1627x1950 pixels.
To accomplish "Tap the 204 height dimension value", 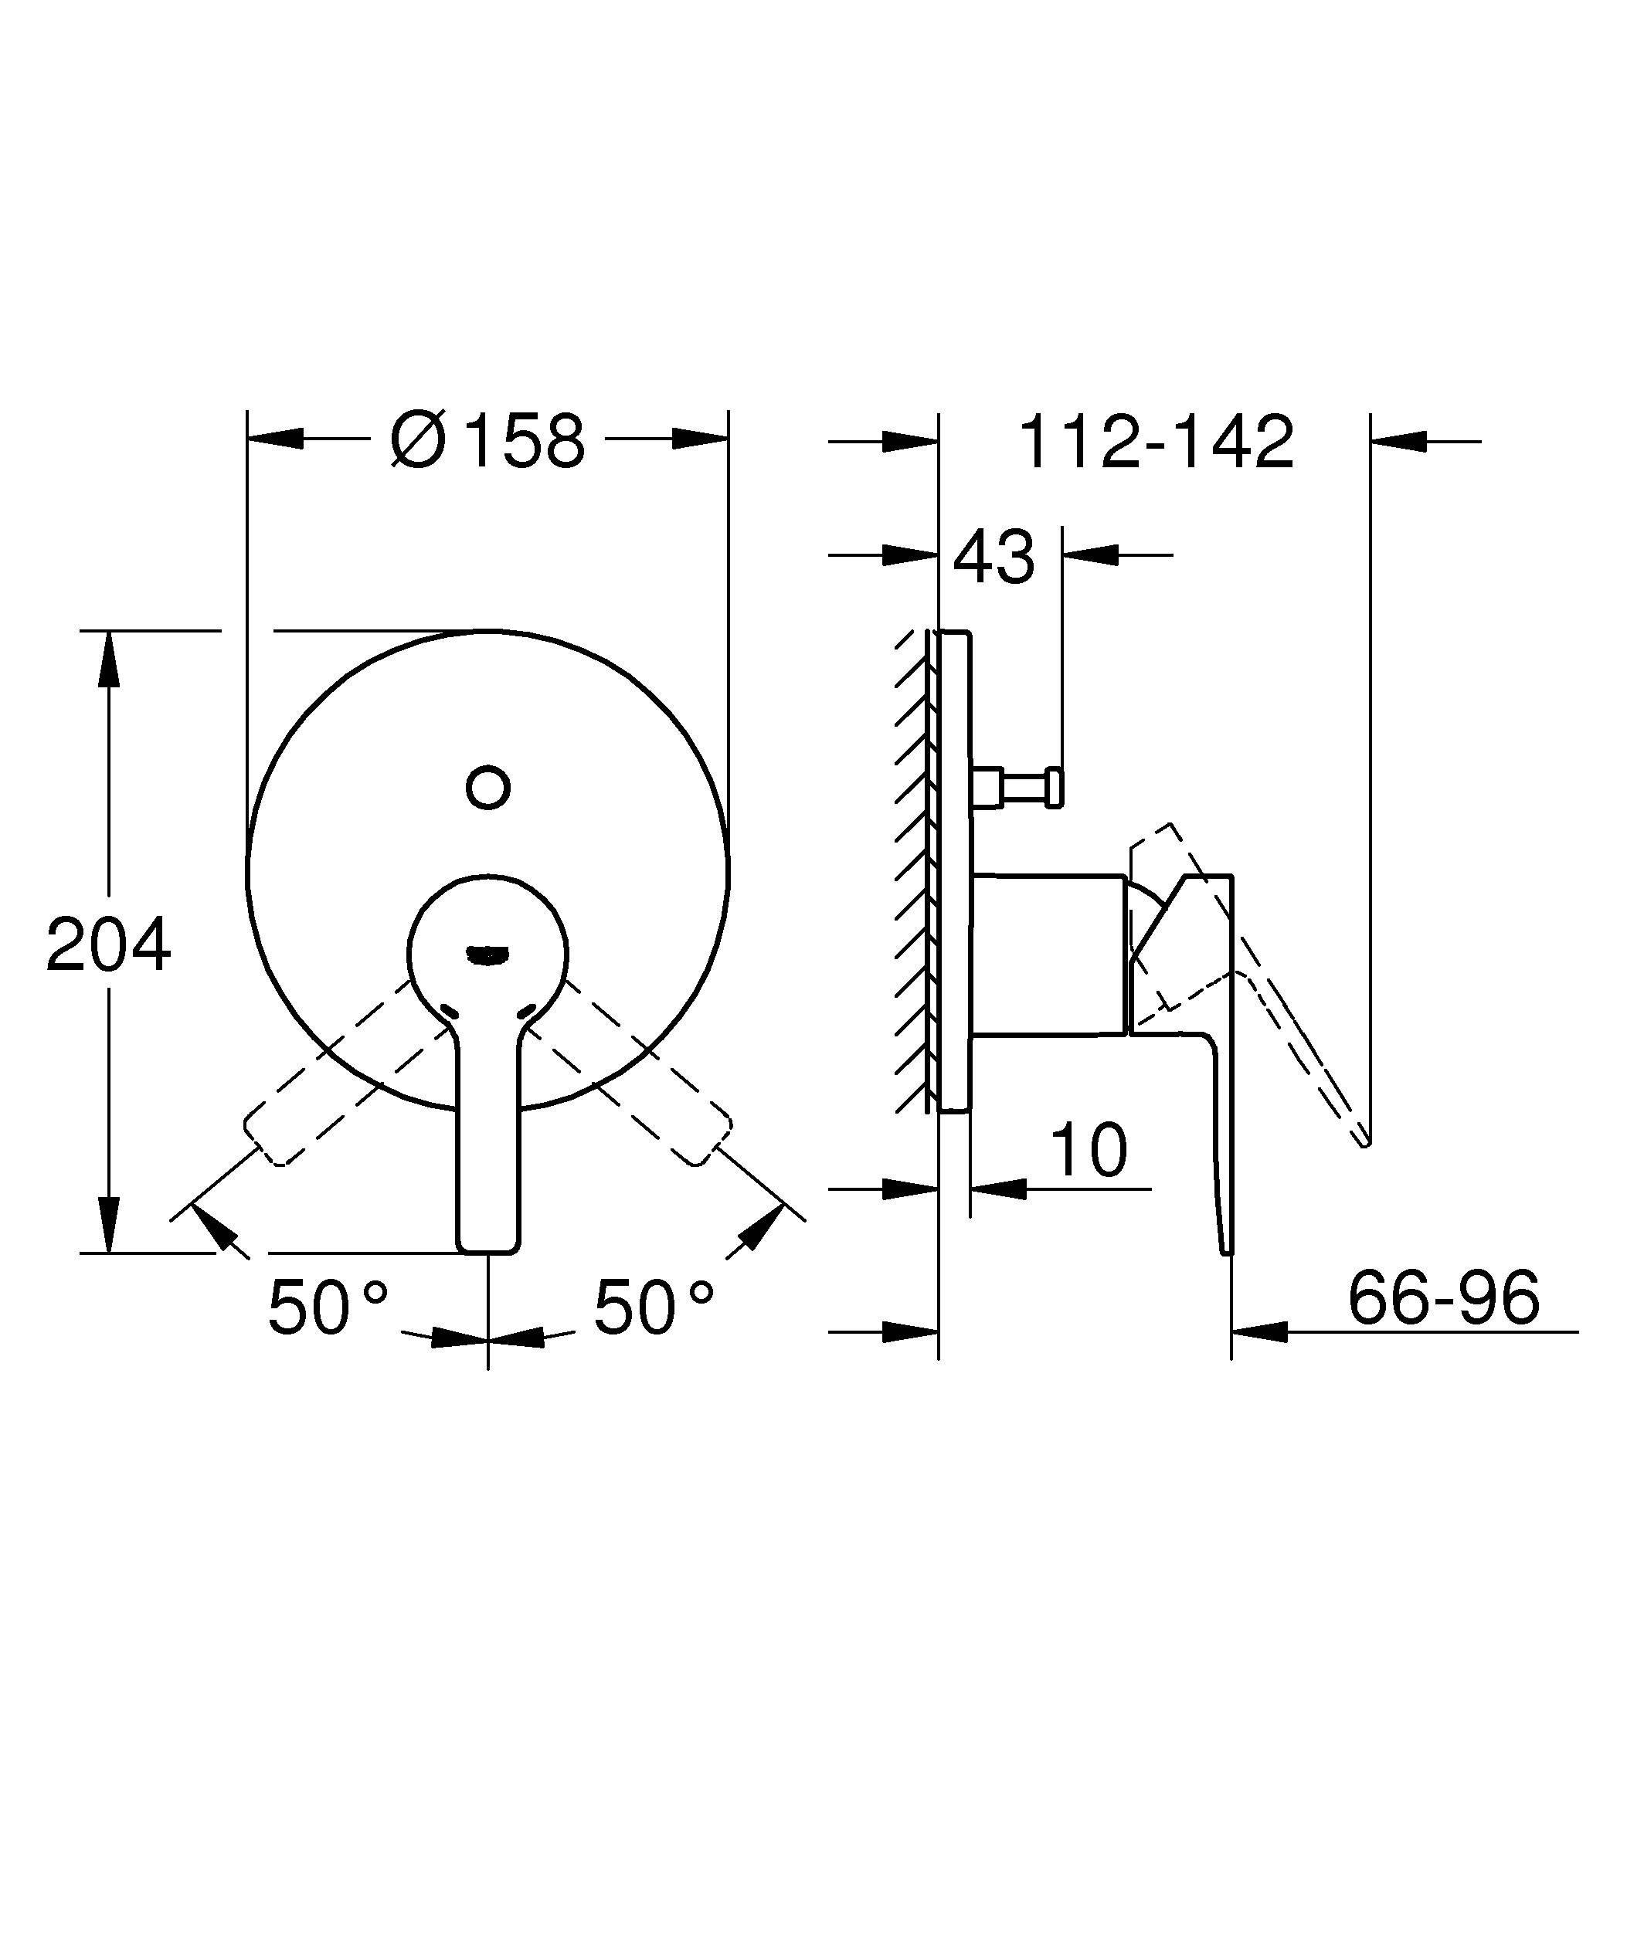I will (x=109, y=945).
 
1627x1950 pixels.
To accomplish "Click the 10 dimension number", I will (x=1089, y=1151).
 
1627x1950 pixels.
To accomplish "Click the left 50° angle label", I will (x=327, y=1307).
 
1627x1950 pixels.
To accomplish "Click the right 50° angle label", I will (x=654, y=1307).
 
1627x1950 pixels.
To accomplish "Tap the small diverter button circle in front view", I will (x=487, y=788).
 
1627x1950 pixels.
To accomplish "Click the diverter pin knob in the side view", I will (x=1054, y=788).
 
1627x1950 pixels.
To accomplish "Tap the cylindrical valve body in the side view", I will (x=1048, y=954).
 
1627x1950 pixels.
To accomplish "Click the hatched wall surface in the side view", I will (x=914, y=873).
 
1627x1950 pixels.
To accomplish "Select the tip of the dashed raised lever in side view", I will (x=1365, y=1142).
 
